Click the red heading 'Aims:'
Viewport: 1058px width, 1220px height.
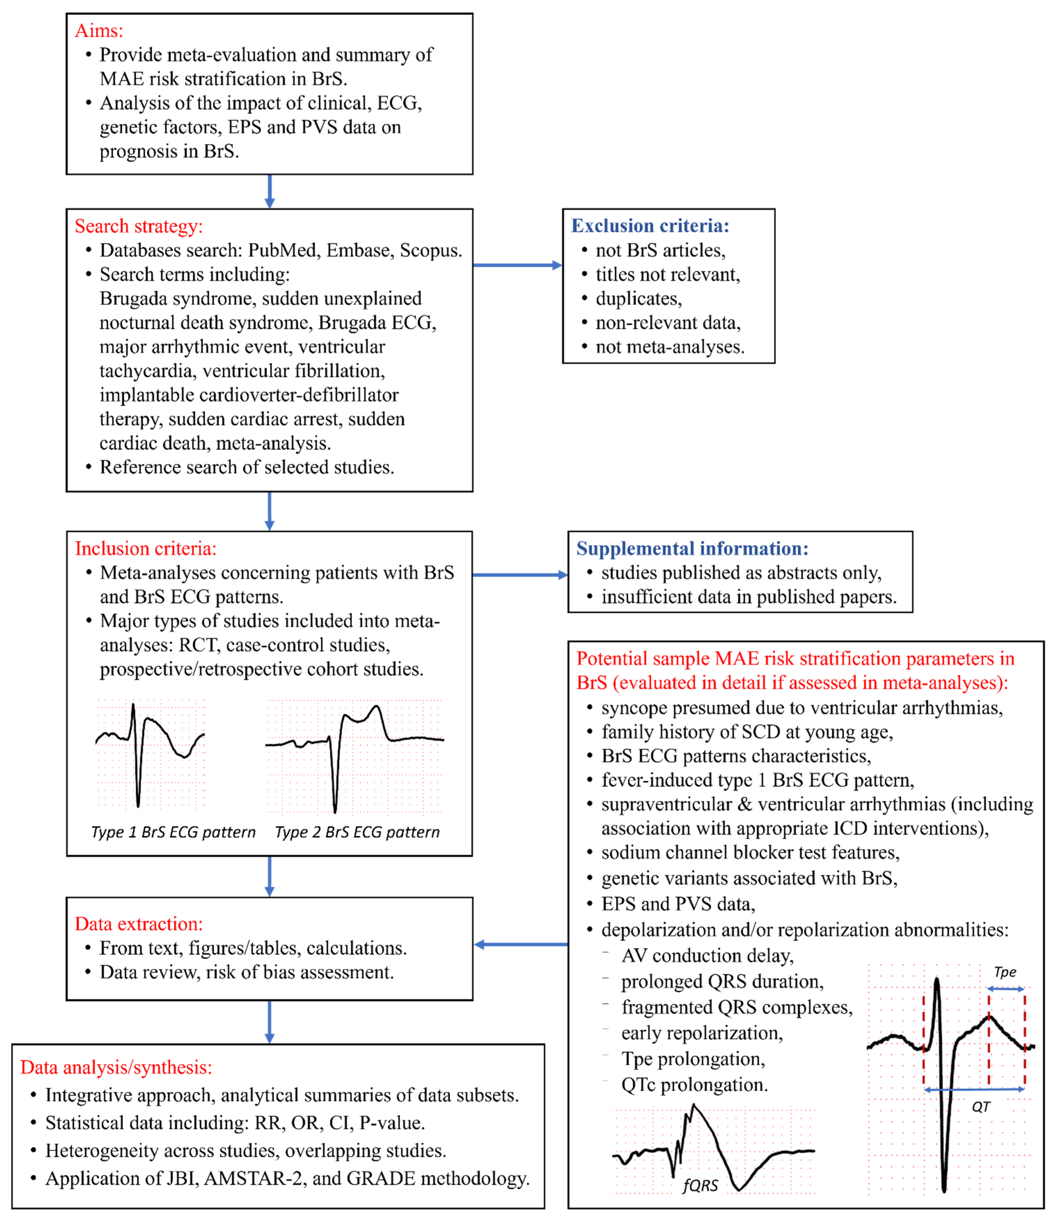click(99, 31)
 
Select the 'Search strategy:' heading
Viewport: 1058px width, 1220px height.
click(139, 226)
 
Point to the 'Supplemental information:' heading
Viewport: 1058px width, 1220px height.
click(692, 549)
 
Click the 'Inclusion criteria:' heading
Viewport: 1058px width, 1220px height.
click(145, 549)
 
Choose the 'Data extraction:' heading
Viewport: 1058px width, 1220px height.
click(139, 923)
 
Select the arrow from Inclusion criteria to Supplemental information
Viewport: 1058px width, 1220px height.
click(520, 575)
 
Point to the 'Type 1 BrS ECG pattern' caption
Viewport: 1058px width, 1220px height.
click(173, 832)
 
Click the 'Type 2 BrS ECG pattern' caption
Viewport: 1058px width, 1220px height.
click(357, 832)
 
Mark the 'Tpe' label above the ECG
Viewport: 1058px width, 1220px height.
click(1005, 972)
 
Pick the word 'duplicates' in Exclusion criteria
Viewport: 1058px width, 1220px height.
click(638, 299)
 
